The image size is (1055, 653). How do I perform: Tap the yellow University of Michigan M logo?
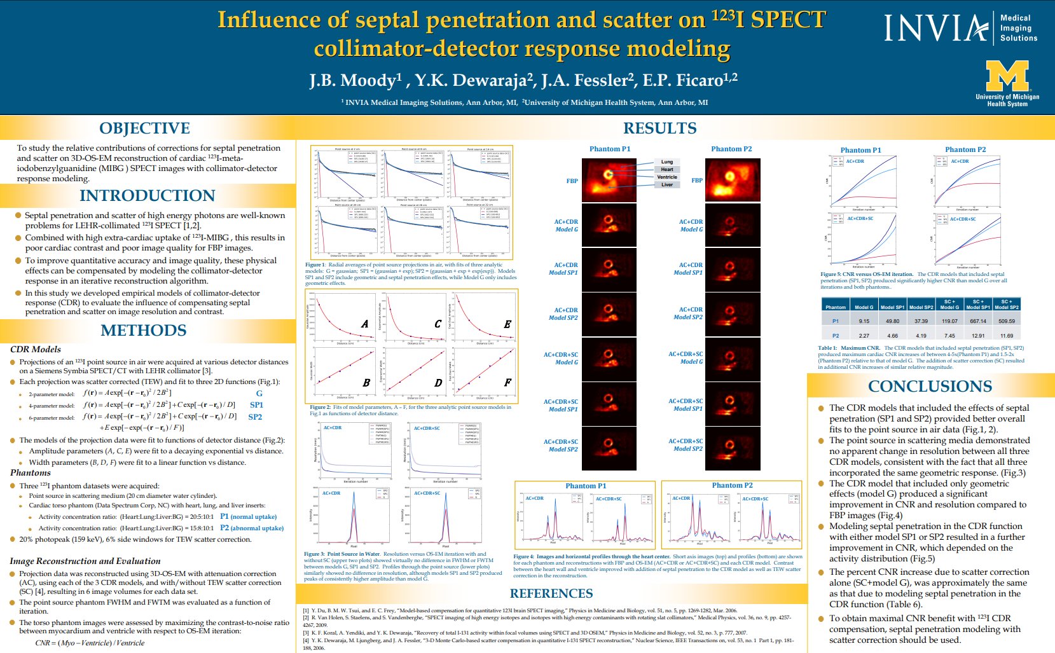(1007, 76)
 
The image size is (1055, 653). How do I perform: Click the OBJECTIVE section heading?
(144, 128)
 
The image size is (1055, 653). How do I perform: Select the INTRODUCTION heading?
(147, 195)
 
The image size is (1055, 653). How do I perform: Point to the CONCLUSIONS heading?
(930, 386)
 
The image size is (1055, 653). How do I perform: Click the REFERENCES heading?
(551, 593)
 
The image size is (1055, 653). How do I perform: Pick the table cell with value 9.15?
(864, 321)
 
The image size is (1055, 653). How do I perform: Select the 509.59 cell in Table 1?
(1007, 321)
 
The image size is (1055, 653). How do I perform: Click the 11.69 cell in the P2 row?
(1007, 336)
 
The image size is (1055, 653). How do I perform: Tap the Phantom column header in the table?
(835, 307)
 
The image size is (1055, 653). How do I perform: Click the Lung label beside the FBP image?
(666, 162)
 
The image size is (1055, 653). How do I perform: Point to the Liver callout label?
(666, 185)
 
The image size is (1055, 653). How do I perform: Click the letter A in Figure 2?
(365, 324)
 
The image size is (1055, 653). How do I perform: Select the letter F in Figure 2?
(507, 383)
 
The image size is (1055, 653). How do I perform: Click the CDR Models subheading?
(36, 349)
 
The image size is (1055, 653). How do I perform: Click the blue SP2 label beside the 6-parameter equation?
(255, 417)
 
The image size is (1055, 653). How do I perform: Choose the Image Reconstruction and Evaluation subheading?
(85, 561)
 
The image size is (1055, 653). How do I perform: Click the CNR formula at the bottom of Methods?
(90, 643)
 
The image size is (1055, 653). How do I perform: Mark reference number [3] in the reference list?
(306, 633)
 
